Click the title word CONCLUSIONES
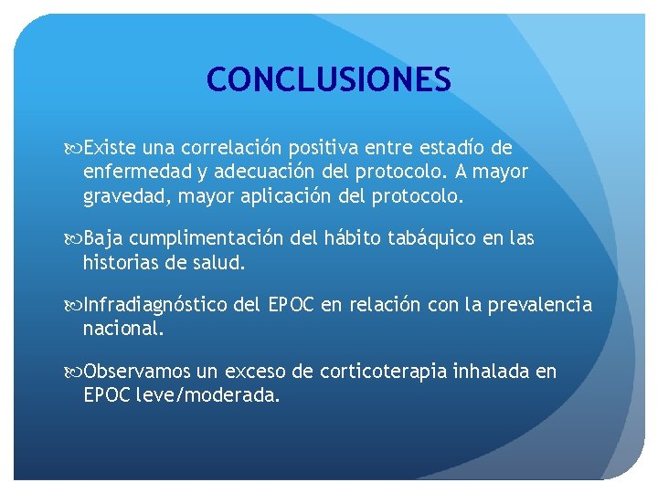328,79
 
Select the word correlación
233,148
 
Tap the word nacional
123,329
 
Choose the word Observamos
137,372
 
